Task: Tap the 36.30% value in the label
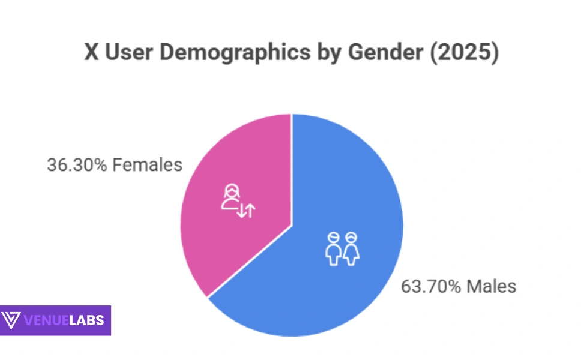tap(77, 165)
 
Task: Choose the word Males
tap(492, 286)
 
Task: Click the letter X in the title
tap(91, 53)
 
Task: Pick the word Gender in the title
tap(373, 53)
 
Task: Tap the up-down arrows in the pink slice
tap(246, 210)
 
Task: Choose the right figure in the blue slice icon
tap(351, 248)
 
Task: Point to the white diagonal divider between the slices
tap(249, 262)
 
